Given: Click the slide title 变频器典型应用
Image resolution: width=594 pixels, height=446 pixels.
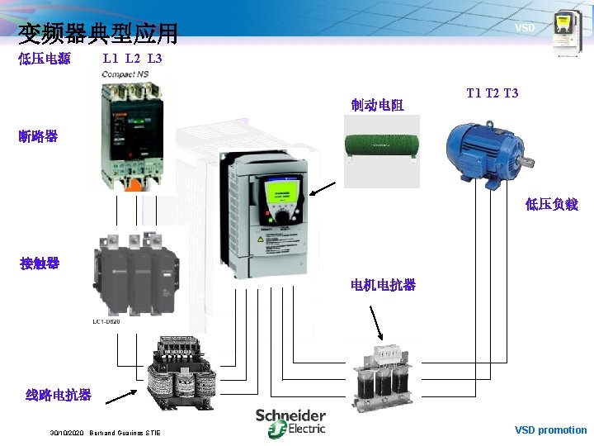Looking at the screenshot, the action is point(98,33).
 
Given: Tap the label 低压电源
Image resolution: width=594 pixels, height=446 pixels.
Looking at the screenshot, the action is point(45,59).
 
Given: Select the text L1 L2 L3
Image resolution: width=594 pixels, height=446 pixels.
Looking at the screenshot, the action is point(132,59).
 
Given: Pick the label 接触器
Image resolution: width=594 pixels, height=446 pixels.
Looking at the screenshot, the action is point(40,263).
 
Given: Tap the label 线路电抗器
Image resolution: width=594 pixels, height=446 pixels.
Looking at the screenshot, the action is point(59,395).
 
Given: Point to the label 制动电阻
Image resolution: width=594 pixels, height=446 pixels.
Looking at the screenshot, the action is point(377,105).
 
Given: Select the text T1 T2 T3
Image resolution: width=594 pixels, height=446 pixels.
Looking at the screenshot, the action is point(493,93).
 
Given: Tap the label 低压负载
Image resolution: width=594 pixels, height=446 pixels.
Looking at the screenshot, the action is point(552,205).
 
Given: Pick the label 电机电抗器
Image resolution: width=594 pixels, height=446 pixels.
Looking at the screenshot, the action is point(383,285).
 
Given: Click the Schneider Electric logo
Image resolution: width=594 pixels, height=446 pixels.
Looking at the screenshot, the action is point(290,421).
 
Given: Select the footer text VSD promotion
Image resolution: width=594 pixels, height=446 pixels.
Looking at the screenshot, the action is point(550,429).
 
